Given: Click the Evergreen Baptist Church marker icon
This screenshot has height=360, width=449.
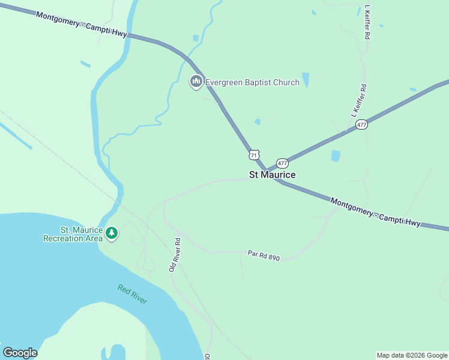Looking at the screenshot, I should pyautogui.click(x=195, y=82).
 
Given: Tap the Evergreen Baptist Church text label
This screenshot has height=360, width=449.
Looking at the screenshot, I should pyautogui.click(x=252, y=82).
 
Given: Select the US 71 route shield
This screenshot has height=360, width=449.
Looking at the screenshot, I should pyautogui.click(x=255, y=155).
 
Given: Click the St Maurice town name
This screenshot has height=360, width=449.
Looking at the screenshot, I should pyautogui.click(x=272, y=175).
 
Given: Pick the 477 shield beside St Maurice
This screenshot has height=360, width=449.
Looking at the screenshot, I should pyautogui.click(x=282, y=163).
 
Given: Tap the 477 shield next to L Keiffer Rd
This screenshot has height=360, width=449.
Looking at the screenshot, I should pyautogui.click(x=361, y=125).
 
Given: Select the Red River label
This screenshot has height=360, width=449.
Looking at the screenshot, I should pyautogui.click(x=132, y=295).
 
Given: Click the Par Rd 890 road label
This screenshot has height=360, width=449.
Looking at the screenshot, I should pyautogui.click(x=264, y=256).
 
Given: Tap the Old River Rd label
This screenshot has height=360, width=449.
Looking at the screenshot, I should pyautogui.click(x=175, y=255).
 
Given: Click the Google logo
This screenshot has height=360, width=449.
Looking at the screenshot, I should pyautogui.click(x=20, y=353).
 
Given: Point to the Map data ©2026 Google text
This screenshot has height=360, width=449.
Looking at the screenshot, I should pyautogui.click(x=412, y=355).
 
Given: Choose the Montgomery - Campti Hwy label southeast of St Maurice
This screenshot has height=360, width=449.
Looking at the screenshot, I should pyautogui.click(x=375, y=212).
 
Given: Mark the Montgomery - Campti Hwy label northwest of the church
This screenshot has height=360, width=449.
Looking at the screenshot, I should pyautogui.click(x=82, y=25).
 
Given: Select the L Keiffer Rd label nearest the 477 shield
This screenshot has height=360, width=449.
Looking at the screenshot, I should pyautogui.click(x=358, y=101).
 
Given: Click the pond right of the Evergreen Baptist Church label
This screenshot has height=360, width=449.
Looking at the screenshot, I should pyautogui.click(x=306, y=80).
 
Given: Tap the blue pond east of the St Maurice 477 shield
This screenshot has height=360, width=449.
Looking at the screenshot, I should pyautogui.click(x=335, y=156).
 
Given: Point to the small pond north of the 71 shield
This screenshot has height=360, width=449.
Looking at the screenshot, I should pyautogui.click(x=258, y=122).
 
